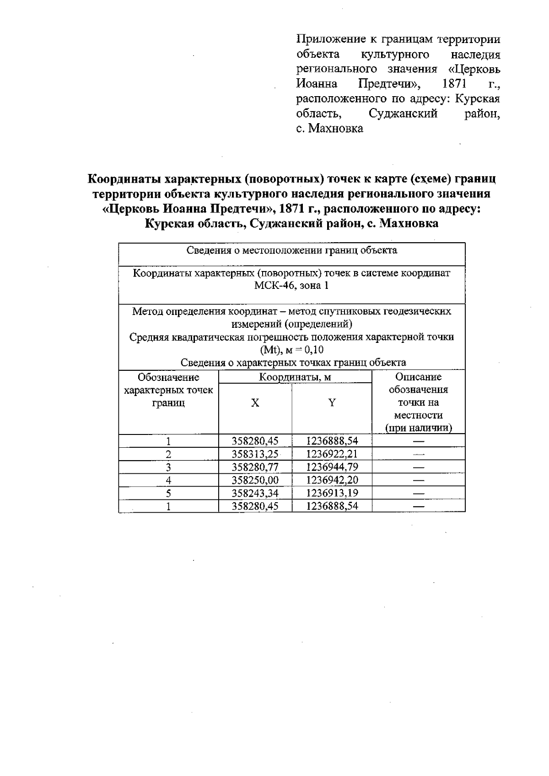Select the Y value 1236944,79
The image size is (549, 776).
point(332,467)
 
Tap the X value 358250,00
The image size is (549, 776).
point(255,480)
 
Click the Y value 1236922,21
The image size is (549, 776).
point(332,454)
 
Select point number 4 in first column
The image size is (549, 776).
point(168,480)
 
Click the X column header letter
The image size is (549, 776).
point(255,403)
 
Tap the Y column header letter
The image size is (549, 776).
point(332,403)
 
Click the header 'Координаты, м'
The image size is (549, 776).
point(295,377)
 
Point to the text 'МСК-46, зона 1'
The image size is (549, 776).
point(291,286)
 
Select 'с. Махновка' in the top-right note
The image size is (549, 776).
point(329,128)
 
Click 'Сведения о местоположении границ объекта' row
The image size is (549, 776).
point(291,250)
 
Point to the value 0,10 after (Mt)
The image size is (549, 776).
point(313,350)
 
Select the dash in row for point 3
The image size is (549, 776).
point(418,467)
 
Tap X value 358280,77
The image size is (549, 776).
point(255,467)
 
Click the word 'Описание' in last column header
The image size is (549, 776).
point(418,377)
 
